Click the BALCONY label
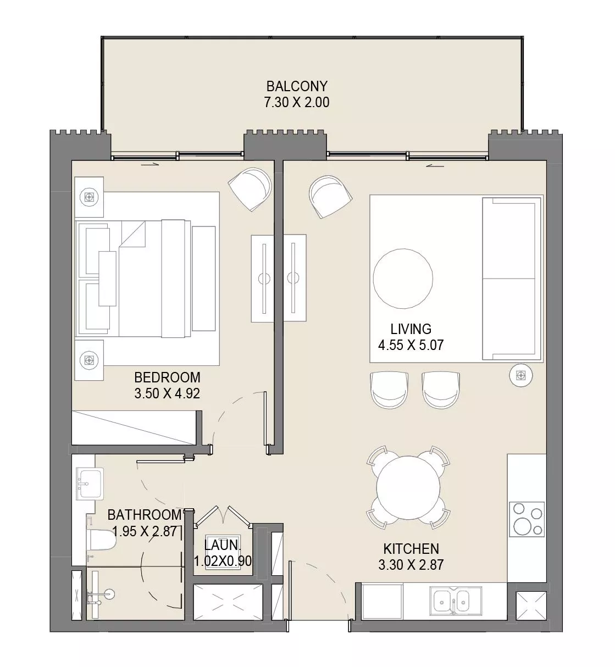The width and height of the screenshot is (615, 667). (297, 86)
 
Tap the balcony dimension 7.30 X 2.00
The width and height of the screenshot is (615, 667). (297, 102)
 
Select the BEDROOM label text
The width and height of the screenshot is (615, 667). (167, 377)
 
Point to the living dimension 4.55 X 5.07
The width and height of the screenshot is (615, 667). (411, 345)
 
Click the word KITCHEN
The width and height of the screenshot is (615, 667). (411, 548)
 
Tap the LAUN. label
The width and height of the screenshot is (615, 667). (223, 546)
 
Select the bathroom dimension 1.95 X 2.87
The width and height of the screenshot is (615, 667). (144, 531)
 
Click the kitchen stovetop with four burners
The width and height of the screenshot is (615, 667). (527, 519)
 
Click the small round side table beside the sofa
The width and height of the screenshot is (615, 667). (519, 375)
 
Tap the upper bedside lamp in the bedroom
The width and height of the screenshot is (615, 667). (89, 196)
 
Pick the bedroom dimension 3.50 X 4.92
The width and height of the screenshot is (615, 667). (167, 393)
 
